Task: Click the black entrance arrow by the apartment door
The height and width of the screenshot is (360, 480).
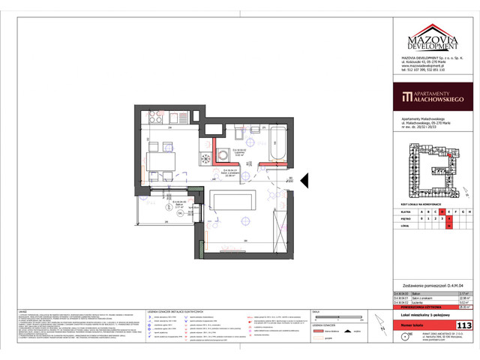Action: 304,181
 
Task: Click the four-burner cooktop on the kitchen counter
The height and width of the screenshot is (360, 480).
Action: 184,118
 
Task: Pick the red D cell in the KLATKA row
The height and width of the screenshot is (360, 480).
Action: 443,211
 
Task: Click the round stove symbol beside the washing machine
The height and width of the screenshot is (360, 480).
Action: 205,157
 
